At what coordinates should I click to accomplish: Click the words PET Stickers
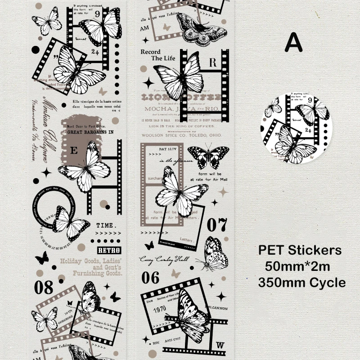(x=300, y=250)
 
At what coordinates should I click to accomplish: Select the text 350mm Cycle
(x=302, y=282)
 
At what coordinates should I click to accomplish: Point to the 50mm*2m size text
(x=297, y=266)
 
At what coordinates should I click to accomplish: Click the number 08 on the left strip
(x=43, y=287)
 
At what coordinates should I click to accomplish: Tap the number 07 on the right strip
(x=217, y=224)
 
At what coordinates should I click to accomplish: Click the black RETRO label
(x=109, y=251)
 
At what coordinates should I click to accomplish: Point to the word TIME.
(x=107, y=225)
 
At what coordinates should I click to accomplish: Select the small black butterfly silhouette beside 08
(x=42, y=258)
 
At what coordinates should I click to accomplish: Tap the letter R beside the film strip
(x=213, y=62)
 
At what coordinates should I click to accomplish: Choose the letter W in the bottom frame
(x=220, y=345)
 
